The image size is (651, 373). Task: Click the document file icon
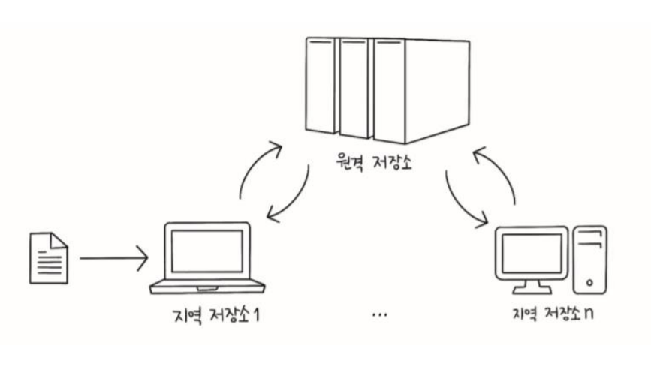coord(48,257)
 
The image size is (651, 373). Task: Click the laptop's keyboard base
coord(208,286)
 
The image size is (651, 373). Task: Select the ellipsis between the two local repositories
coord(379,314)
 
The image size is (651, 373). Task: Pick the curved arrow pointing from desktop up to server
coord(499,171)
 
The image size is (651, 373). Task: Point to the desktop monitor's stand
coord(532,284)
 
